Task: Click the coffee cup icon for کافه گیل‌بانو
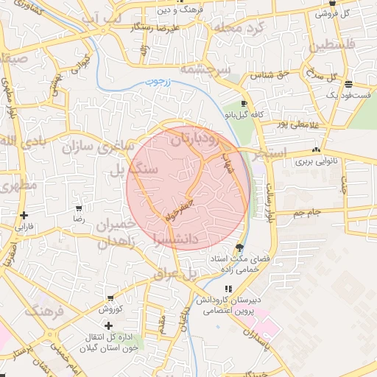[244, 104]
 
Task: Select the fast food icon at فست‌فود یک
[348, 84]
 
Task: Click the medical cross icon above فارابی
[24, 216]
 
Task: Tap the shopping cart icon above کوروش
[110, 298]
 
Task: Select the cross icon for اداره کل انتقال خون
[109, 325]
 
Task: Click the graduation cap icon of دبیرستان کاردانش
[225, 289]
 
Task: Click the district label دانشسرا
[176, 238]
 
